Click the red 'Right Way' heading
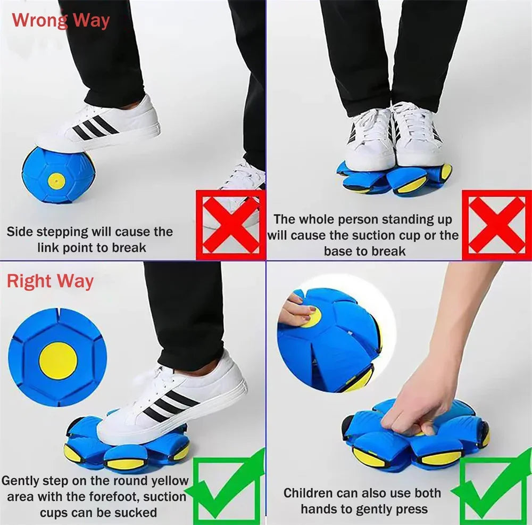50,281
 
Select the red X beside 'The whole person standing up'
496,225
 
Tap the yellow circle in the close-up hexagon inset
58,360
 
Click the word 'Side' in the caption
19,232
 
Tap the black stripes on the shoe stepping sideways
95,128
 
